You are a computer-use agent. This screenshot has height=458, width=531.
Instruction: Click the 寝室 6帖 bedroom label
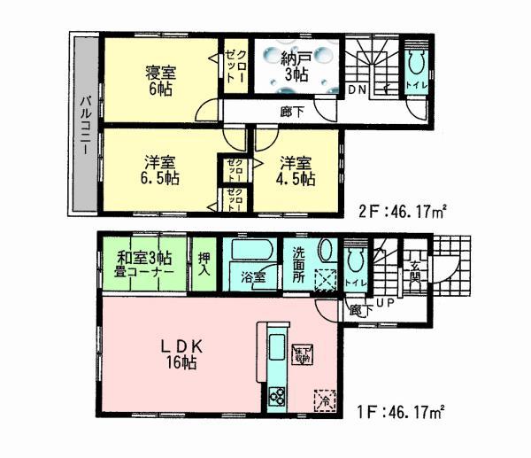(160, 78)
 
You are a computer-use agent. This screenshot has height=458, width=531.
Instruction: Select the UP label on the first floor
(386, 306)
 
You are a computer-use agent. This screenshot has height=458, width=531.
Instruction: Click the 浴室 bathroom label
(253, 277)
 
